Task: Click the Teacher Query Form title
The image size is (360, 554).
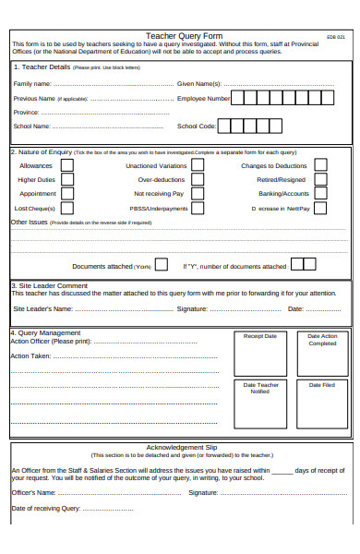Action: coord(184,36)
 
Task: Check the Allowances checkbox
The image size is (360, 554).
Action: coord(66,165)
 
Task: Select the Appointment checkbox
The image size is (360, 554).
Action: coord(66,194)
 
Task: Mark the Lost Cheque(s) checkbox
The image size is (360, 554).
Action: coord(66,208)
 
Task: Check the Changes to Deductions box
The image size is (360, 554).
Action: coord(320,165)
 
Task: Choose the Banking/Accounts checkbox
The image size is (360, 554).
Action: coord(320,194)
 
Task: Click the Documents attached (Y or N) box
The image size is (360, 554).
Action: coord(161,265)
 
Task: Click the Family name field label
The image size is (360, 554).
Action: coord(33,83)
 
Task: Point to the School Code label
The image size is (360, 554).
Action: coord(196,126)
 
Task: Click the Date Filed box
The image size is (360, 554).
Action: coord(322,404)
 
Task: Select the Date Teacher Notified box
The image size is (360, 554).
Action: coord(259,404)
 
